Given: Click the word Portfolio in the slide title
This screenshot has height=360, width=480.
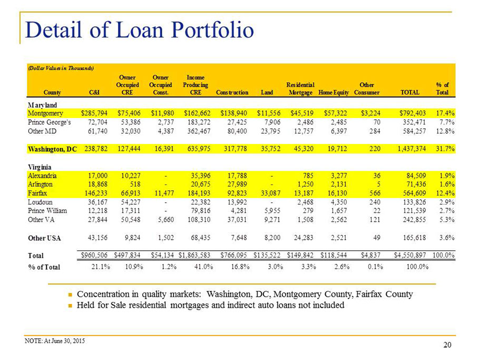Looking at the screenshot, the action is point(212,30).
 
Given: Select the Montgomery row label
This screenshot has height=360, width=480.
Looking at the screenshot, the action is point(45,113).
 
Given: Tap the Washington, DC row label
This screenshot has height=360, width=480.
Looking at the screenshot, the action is point(52,149).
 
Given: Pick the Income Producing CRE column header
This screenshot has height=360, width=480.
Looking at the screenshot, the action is point(195,85).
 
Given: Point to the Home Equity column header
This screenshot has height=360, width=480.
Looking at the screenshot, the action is point(334,92).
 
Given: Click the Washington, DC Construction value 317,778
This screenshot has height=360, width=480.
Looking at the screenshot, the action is point(235,149).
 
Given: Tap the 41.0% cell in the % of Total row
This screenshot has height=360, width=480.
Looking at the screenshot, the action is point(203,267).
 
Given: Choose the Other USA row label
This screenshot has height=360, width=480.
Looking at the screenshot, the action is point(44,238).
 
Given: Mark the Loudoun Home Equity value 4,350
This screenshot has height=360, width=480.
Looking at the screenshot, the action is point(339,202).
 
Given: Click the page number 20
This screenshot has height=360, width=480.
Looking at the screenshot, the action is point(447,345).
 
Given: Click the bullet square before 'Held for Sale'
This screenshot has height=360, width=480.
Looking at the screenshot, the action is point(70,306).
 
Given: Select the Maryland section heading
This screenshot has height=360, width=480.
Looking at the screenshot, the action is point(42,105).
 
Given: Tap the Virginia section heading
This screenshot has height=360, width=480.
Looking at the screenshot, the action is point(40,167).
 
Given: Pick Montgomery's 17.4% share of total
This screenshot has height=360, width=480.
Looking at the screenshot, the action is point(445,113).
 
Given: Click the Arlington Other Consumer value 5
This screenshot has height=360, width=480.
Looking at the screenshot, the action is point(378,184).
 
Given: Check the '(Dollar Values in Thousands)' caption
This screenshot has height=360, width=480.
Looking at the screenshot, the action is point(61,68).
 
